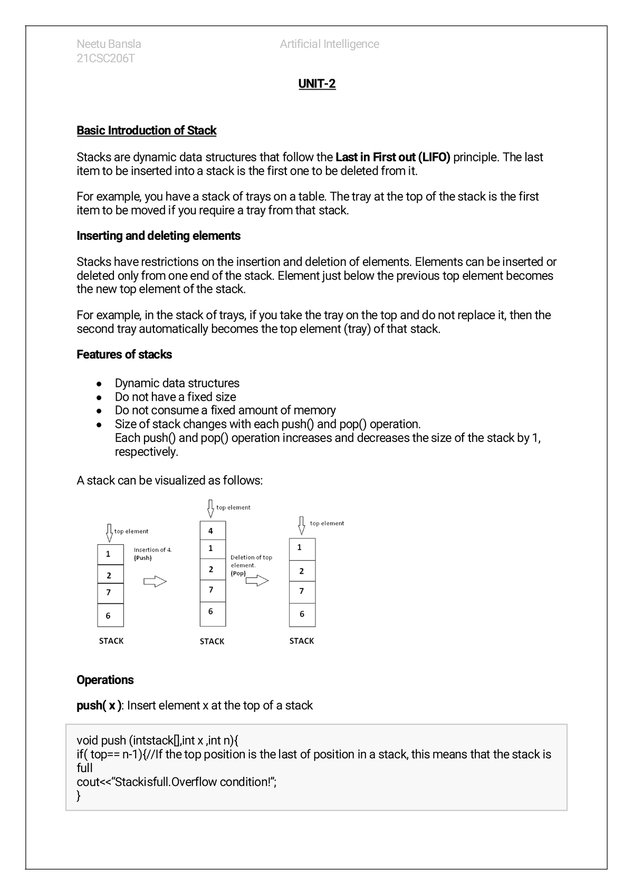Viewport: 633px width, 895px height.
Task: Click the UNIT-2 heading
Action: [316, 84]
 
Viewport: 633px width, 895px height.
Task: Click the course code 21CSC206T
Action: [105, 59]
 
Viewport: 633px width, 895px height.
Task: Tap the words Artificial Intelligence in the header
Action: [329, 44]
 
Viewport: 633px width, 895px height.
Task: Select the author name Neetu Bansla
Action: [109, 44]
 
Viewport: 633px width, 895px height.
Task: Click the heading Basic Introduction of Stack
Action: [146, 130]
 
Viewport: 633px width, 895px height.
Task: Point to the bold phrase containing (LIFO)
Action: [393, 157]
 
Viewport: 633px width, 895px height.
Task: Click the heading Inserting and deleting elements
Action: [158, 236]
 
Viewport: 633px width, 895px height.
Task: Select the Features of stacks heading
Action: [124, 354]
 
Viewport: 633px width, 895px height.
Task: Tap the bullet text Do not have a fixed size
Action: [175, 397]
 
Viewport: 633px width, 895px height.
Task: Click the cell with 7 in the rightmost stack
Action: [302, 591]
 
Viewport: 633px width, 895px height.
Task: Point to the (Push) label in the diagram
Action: [143, 558]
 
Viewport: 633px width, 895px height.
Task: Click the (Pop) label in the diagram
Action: [238, 573]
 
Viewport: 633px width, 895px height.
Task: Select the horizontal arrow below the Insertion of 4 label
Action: [155, 582]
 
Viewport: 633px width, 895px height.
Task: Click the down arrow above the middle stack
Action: [210, 508]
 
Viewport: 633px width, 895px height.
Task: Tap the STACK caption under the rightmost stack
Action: [302, 641]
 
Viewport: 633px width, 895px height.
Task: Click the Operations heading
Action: [105, 680]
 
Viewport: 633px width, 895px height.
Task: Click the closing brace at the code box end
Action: [79, 796]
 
